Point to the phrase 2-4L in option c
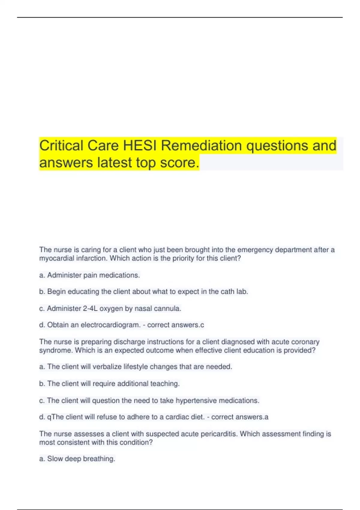(90, 308)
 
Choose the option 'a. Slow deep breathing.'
(77, 459)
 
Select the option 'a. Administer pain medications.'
(89, 275)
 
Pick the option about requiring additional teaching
(109, 384)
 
